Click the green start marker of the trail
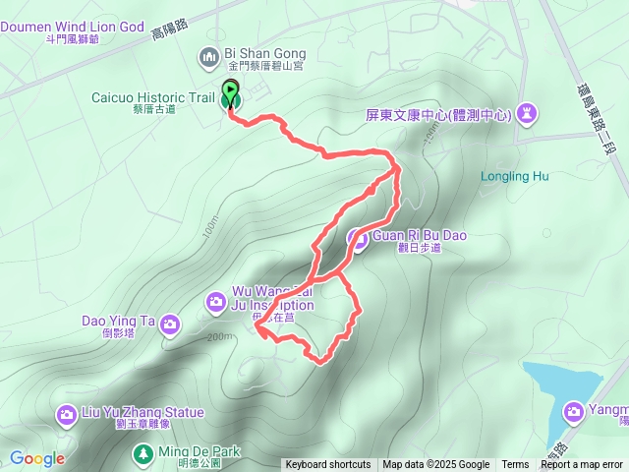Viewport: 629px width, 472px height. pos(230,91)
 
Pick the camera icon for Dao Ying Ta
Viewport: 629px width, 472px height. pos(170,323)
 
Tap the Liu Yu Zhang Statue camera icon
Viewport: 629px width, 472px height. pos(67,413)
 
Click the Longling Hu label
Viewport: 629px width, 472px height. pos(514,178)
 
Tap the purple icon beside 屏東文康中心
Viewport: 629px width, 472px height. pos(528,114)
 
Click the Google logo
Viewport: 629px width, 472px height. pos(37,458)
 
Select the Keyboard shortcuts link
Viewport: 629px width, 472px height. pos(328,465)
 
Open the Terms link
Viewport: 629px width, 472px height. pos(515,465)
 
